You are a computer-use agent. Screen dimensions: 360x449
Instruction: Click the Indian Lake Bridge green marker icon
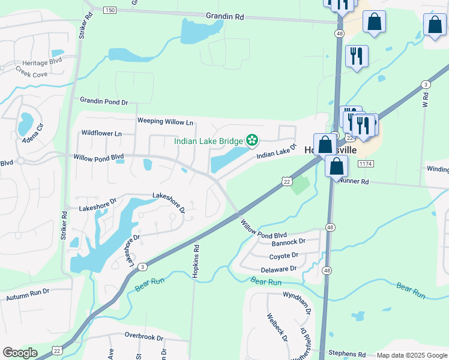tap(252, 140)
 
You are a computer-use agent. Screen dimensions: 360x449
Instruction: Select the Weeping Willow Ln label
tap(166, 121)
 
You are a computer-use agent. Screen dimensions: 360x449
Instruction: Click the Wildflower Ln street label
tap(101, 133)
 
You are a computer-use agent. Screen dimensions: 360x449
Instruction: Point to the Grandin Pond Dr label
tap(104, 103)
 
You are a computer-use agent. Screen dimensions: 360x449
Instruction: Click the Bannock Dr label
tap(289, 242)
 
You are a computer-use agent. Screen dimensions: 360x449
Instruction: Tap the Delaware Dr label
tap(279, 269)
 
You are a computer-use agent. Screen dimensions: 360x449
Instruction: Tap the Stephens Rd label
tap(347, 355)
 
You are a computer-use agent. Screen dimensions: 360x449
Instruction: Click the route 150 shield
tap(109, 10)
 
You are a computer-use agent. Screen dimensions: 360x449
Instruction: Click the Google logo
tap(20, 353)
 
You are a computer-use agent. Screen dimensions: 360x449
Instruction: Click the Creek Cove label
tap(31, 74)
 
